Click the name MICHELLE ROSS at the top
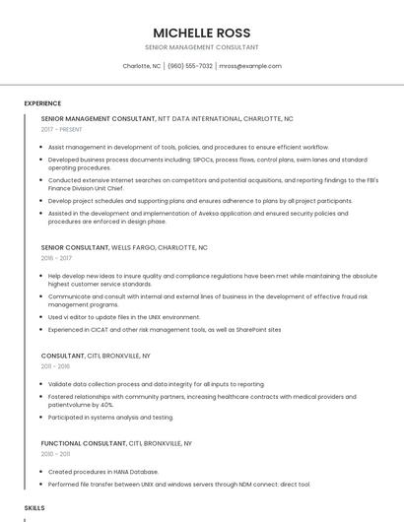point(201,33)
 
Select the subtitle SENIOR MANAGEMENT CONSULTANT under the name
point(201,47)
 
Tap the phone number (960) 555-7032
point(190,66)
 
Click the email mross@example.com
point(250,66)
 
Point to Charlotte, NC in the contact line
point(142,66)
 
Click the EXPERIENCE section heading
point(42,103)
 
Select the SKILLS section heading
point(34,507)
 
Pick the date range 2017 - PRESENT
point(62,129)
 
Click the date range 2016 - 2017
point(56,258)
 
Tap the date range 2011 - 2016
point(55,365)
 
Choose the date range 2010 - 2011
point(55,454)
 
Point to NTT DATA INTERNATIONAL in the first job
point(198,118)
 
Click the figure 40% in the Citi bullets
point(106,405)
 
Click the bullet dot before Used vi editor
point(42,317)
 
